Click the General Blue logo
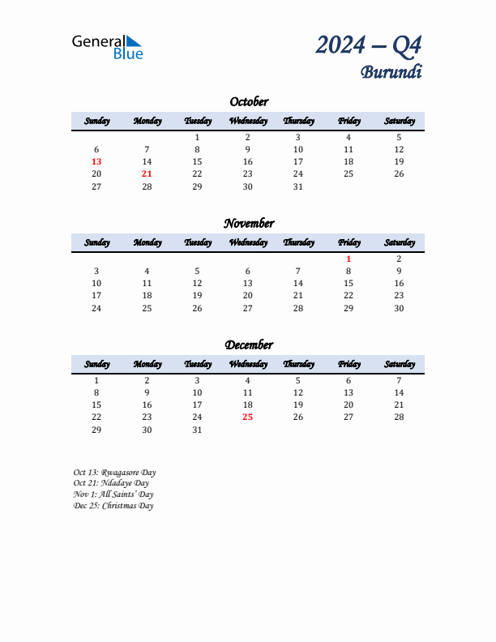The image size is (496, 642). (x=107, y=46)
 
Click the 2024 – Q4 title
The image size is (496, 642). (x=369, y=45)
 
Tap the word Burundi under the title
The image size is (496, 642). (x=391, y=71)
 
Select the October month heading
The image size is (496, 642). (x=249, y=101)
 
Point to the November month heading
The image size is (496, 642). (x=249, y=223)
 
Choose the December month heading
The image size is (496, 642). (x=249, y=345)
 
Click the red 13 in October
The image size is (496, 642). (x=96, y=161)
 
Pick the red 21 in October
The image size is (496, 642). (x=147, y=173)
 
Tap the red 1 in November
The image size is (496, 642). (x=348, y=259)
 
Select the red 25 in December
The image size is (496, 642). (x=247, y=417)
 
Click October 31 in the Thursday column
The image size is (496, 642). (x=297, y=186)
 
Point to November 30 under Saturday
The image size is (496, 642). (x=399, y=308)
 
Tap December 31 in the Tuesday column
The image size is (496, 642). (x=197, y=430)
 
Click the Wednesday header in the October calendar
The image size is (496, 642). (x=248, y=121)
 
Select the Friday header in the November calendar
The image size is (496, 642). (x=348, y=242)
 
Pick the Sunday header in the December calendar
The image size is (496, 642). (x=96, y=364)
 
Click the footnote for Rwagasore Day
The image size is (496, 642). (x=114, y=472)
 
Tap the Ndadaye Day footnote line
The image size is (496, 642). (x=111, y=483)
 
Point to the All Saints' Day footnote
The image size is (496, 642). (x=113, y=494)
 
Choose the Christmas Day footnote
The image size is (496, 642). (x=113, y=506)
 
